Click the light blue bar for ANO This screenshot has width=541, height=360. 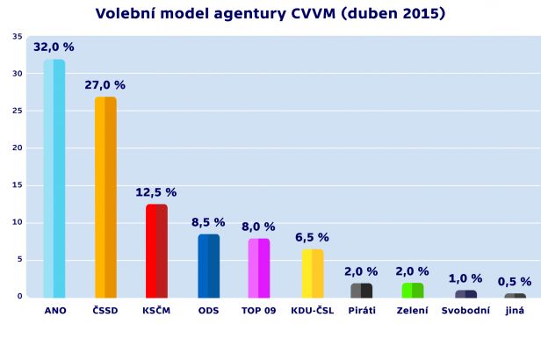[54, 179]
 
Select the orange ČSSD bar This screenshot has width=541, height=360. [105, 198]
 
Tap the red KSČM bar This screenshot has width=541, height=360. [156, 251]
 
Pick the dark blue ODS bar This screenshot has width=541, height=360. [208, 266]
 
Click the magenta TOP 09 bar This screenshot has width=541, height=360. [258, 268]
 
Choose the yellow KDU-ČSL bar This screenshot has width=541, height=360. [312, 274]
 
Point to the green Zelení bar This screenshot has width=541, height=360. [412, 290]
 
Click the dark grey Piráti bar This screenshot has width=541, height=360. [361, 290]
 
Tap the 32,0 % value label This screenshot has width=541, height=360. [54, 47]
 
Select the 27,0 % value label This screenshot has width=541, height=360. [105, 85]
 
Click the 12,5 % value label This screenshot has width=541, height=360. [156, 192]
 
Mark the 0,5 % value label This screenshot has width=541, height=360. [515, 282]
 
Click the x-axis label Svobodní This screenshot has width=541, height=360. [465, 311]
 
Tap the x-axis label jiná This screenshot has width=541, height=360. [515, 311]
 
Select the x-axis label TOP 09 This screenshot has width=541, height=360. [258, 311]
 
